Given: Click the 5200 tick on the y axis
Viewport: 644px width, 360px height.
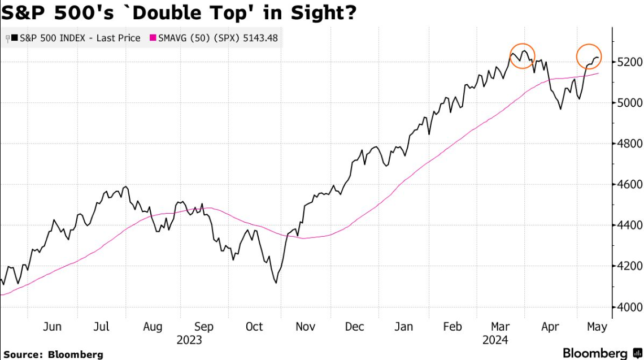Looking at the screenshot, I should (628, 61).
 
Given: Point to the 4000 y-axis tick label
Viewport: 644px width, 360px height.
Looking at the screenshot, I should (628, 307).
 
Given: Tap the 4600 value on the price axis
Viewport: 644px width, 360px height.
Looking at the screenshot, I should (628, 184).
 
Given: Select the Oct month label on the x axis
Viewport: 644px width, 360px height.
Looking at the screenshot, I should (254, 327).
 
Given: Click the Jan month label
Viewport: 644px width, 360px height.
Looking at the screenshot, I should (403, 327).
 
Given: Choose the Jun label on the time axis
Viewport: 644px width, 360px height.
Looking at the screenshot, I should (52, 327).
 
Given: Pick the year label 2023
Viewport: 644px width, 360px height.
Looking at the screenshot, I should (189, 340).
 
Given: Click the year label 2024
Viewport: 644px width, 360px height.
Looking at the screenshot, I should (495, 340).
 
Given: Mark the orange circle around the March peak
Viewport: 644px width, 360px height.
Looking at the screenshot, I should (522, 56).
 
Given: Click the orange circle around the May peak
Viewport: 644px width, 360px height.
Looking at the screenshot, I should (589, 56).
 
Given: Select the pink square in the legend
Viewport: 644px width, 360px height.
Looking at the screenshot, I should (152, 38).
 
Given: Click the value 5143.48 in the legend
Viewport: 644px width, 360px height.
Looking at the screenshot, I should (257, 38).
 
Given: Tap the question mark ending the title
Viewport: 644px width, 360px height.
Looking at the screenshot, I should (350, 11).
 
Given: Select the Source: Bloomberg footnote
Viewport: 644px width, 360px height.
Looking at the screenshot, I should (54, 354).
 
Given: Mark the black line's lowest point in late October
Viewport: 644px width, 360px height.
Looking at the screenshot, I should (275, 283).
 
